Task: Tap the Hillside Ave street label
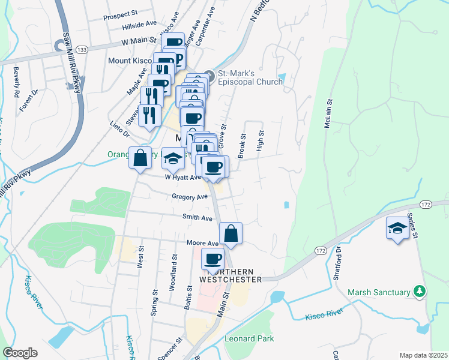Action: (138, 26)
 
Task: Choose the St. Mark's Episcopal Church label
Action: (250, 77)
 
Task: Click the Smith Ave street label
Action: (197, 218)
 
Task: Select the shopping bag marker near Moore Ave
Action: (231, 234)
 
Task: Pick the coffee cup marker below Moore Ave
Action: (212, 259)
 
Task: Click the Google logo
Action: (20, 352)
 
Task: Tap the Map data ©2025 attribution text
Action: (423, 355)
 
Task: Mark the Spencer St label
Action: (178, 347)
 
